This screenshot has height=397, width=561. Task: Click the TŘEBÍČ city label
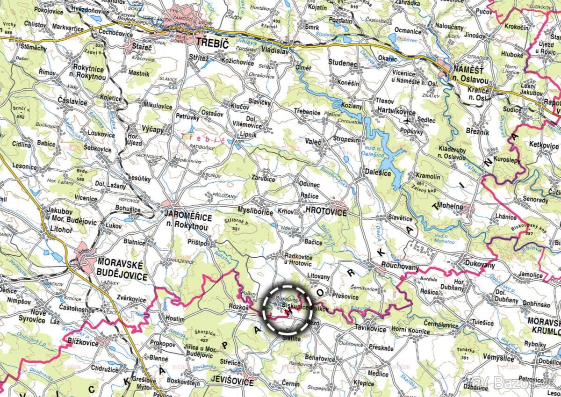point(212,43)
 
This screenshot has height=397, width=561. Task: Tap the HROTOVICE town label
point(326,212)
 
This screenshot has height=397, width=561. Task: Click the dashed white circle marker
point(287,309)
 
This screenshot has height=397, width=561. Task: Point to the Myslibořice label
point(255,212)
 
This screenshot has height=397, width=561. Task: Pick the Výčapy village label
point(153,130)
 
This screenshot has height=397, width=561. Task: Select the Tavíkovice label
point(371,329)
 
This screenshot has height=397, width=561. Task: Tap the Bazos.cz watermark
point(514,383)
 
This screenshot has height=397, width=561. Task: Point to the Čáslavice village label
point(72,101)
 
